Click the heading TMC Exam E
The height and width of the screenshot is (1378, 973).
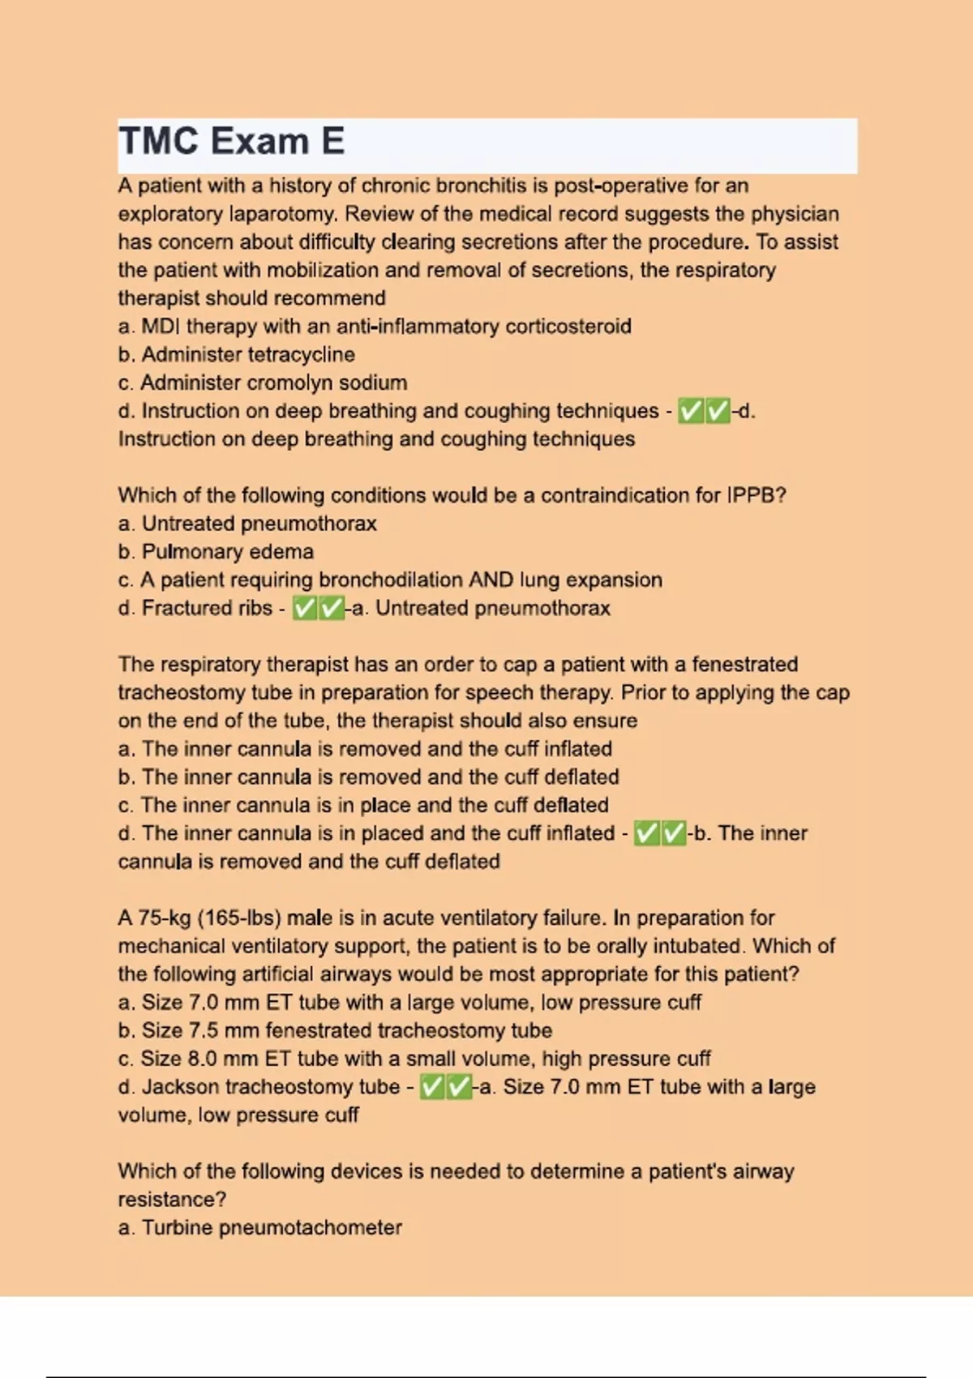click(x=232, y=141)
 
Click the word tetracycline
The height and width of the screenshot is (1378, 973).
click(x=301, y=354)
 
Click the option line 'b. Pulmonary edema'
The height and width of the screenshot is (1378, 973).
click(x=216, y=552)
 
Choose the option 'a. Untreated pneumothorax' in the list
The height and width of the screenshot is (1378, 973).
click(x=247, y=524)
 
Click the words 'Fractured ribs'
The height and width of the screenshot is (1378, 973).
click(x=207, y=608)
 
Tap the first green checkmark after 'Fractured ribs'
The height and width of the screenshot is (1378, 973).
click(x=305, y=608)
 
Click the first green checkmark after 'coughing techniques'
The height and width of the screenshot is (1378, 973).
click(x=691, y=411)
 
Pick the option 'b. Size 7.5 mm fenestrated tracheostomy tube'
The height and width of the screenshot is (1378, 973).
click(x=335, y=1030)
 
